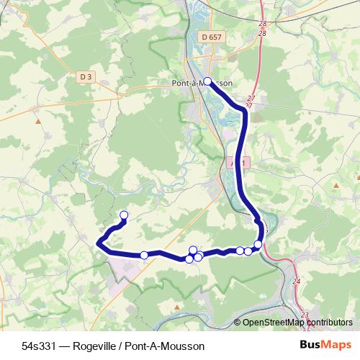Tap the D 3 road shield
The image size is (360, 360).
(x=86, y=76)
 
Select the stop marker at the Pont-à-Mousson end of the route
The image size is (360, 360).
(x=207, y=81)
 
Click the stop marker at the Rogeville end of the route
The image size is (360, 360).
(x=123, y=215)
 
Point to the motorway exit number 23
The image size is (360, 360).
(x=304, y=315)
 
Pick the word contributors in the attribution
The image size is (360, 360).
(x=328, y=323)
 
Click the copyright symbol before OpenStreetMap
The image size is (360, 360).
(x=238, y=323)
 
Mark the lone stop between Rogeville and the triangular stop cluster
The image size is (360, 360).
(x=144, y=255)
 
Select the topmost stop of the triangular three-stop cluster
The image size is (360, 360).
(x=192, y=250)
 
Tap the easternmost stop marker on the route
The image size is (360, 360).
(x=258, y=245)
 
